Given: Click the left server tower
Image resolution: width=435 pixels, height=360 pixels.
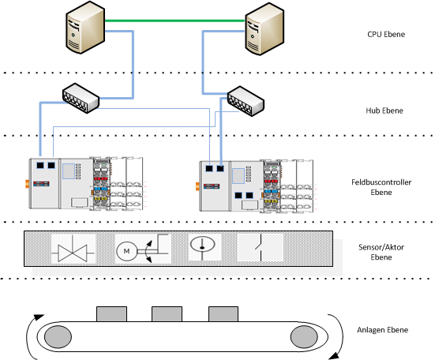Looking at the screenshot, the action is point(85,27).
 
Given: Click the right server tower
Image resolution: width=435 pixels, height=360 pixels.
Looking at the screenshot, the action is point(264,29).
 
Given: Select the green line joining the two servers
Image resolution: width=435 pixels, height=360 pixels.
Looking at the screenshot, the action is point(174,21).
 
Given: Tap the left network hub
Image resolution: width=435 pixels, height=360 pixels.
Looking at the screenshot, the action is point(81,98).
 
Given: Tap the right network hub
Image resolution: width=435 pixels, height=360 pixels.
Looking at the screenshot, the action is point(246,101).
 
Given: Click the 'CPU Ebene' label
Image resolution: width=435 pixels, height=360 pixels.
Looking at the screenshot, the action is point(386,34).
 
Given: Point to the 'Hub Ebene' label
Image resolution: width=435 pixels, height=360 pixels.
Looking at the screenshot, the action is point(384,111).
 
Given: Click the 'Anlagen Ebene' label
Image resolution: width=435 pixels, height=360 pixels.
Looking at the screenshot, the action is point(383,330).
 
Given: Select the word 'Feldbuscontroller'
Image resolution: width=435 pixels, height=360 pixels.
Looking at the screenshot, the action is point(381,182).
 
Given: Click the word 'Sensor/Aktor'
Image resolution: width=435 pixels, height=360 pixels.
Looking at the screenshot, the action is point(381,247).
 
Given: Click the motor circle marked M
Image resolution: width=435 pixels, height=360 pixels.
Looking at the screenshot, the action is point(126,251).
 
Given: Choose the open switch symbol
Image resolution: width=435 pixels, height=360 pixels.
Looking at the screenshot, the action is point(261,248).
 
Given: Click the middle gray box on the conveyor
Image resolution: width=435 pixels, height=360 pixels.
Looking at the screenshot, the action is point(167,314).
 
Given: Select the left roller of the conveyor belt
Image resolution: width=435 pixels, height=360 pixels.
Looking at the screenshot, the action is point(58,336).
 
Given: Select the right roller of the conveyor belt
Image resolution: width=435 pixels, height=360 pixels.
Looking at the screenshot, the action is point(304,336).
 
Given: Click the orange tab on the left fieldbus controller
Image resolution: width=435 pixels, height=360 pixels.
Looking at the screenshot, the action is point(27,184).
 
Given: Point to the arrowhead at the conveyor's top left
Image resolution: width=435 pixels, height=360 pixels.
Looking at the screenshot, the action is point(39,317).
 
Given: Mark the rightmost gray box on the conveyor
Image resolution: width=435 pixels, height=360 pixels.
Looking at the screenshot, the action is point(223,314).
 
